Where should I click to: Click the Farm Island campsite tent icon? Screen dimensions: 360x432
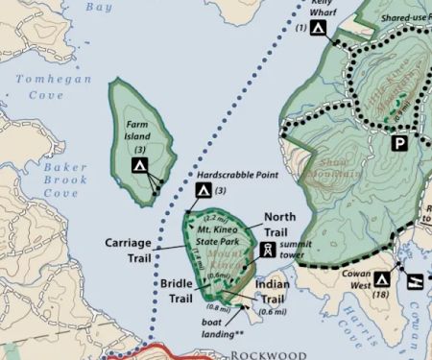coord(140,166)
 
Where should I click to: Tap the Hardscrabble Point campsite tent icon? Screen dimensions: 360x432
coord(204,191)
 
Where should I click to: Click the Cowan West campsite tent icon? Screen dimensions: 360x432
coord(381,279)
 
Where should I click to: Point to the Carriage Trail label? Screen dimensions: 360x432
coord(127,250)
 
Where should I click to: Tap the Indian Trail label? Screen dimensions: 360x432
coord(273,292)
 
